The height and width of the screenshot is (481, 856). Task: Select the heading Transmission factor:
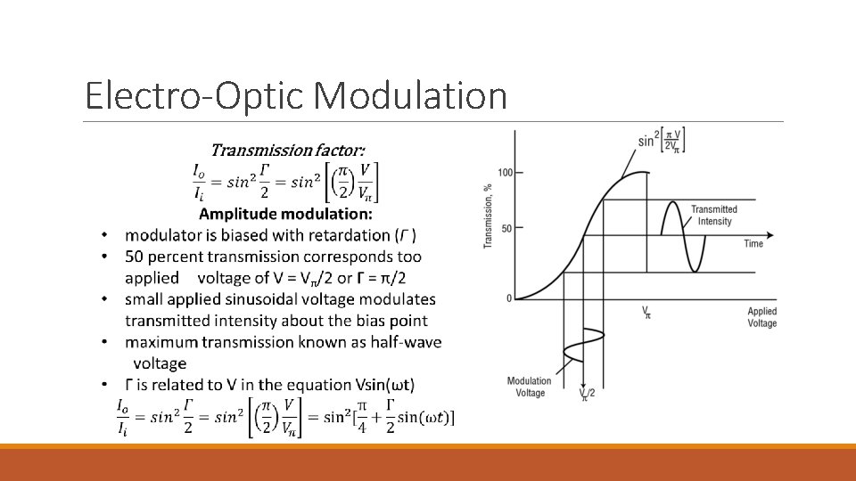[286, 151]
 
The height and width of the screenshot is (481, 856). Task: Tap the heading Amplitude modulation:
[285, 214]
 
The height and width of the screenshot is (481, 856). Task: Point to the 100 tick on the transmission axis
[506, 172]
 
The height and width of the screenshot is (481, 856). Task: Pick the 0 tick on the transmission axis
[509, 298]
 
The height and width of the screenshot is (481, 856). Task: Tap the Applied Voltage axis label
[762, 317]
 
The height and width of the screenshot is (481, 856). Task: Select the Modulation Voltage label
[529, 387]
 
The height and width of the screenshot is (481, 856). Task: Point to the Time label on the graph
[753, 243]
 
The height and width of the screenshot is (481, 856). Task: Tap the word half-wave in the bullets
[407, 342]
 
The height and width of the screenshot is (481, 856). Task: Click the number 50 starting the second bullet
[135, 257]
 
